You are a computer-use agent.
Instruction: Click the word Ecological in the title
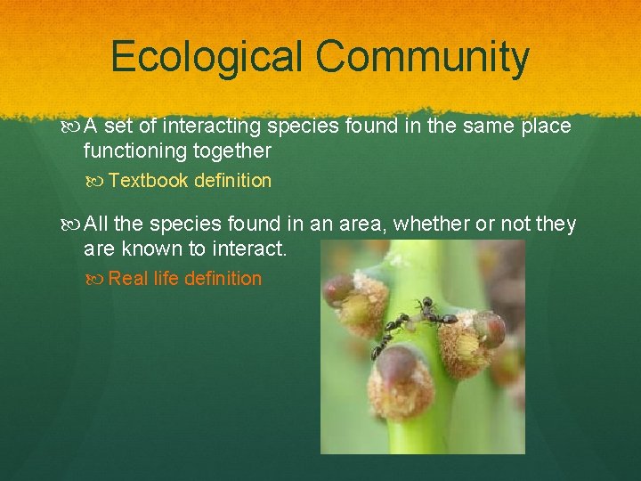(207, 58)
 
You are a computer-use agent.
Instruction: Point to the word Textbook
(148, 181)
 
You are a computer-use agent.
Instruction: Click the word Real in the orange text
(128, 279)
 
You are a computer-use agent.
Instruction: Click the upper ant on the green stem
(431, 314)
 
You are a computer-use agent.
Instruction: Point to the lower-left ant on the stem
(385, 339)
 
